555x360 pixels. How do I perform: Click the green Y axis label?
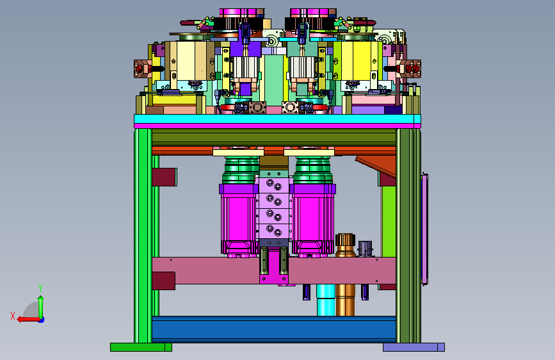(40, 288)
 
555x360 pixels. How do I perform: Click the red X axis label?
(13, 316)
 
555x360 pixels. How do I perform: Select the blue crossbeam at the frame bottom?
(273, 329)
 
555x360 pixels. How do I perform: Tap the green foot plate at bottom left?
(141, 347)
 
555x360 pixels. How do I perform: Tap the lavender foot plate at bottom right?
(414, 347)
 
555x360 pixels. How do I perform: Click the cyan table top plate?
(277, 119)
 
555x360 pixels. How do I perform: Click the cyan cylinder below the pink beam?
(326, 300)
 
